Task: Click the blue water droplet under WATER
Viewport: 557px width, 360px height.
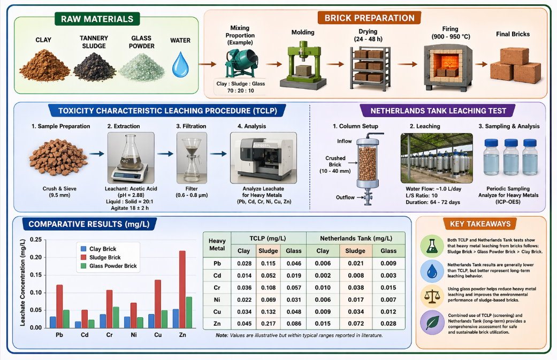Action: coord(180,65)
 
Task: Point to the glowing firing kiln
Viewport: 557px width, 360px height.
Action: coord(448,67)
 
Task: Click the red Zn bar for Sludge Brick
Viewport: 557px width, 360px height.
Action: coord(182,289)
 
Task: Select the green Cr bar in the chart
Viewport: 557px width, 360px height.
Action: coord(116,317)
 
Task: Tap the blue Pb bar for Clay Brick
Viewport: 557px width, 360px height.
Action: coord(53,322)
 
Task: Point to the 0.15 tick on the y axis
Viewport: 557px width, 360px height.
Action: coord(36,275)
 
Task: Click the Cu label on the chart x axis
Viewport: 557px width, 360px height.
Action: coord(158,335)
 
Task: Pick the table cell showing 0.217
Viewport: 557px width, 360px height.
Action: coord(268,324)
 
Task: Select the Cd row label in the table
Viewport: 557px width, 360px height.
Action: coord(217,275)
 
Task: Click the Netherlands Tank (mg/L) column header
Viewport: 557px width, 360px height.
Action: coord(356,239)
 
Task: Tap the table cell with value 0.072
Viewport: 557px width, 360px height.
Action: coord(356,324)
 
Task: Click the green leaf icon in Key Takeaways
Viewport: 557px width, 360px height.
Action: coord(432,323)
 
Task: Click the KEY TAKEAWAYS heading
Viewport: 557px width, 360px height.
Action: coord(480,224)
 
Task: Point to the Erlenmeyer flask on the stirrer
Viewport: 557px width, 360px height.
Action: coord(131,151)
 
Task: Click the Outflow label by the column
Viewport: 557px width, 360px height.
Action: coord(345,197)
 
